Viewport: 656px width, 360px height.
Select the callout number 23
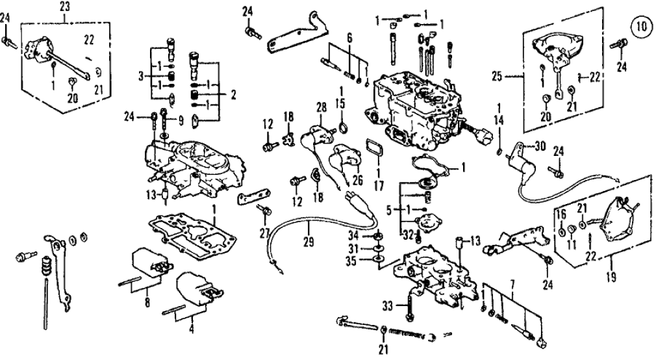pyautogui.click(x=64, y=7)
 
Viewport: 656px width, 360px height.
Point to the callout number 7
pyautogui.click(x=512, y=285)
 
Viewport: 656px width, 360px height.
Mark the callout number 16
pyautogui.click(x=561, y=214)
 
